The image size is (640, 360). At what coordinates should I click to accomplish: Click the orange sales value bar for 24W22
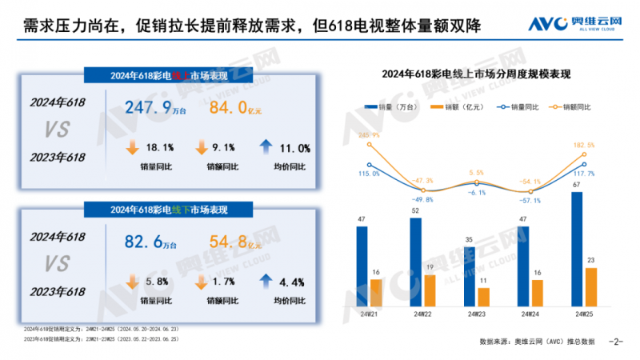click(x=429, y=290)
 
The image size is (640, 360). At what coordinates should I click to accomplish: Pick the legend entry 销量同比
click(x=521, y=106)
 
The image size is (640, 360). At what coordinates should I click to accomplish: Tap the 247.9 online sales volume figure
click(x=157, y=107)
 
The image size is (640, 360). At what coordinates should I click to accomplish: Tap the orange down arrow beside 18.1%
click(x=132, y=148)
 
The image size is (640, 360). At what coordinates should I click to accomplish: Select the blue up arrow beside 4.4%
click(x=266, y=282)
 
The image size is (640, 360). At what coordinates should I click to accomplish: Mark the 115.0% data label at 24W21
click(x=369, y=174)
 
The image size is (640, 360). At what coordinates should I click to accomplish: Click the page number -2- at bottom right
click(x=615, y=342)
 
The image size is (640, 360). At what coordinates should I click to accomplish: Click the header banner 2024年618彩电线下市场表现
click(x=169, y=210)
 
